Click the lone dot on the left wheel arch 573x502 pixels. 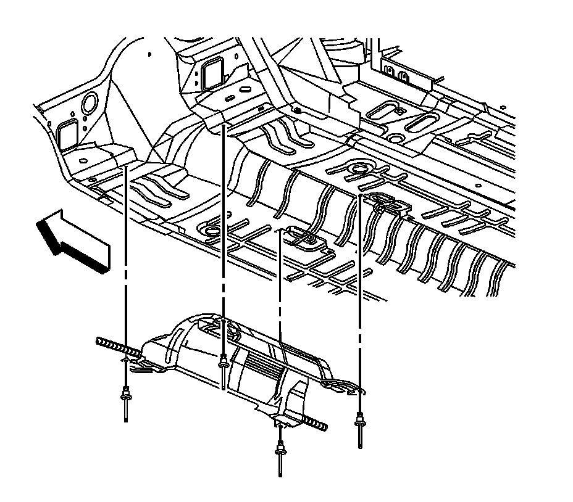point(150,55)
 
